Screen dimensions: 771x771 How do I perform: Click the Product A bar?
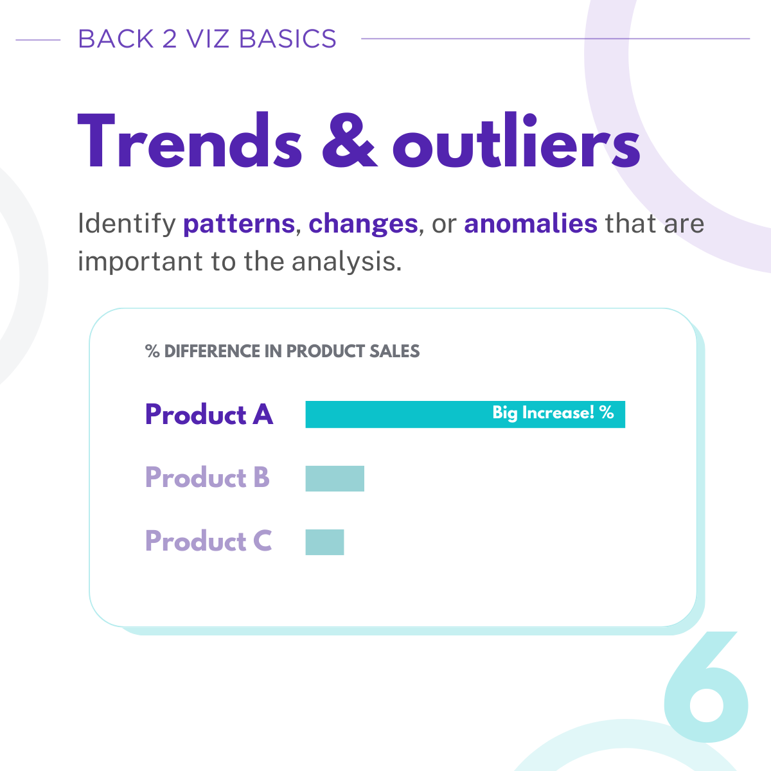465,414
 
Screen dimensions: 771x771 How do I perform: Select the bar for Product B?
335,478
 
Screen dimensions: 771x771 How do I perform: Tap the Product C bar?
324,542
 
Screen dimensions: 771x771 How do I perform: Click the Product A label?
209,414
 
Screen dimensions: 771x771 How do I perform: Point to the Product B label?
208,478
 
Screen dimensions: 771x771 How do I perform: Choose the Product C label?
208,541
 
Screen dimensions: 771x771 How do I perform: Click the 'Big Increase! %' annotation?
553,412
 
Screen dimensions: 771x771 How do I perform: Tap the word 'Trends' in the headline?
190,140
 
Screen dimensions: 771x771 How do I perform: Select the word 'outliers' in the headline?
517,140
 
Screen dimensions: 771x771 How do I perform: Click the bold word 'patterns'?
239,224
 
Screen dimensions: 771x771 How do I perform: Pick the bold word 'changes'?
363,224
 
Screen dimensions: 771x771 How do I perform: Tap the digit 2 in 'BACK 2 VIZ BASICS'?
170,39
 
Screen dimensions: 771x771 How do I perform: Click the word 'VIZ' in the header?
208,39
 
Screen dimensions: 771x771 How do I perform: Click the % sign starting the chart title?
152,351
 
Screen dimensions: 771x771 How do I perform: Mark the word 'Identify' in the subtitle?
127,224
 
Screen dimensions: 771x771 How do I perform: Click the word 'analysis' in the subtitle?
346,262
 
